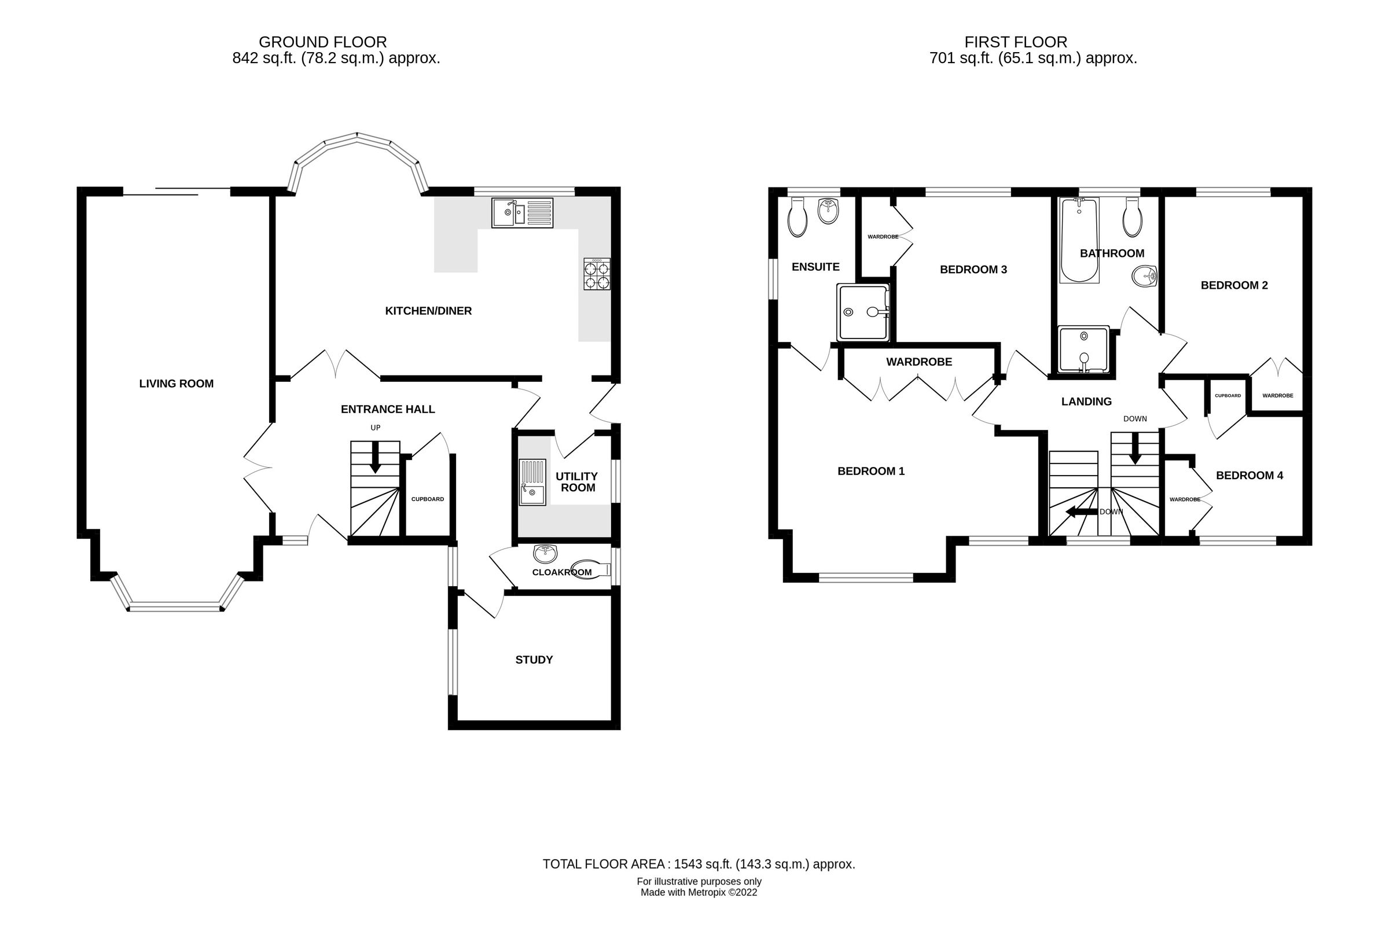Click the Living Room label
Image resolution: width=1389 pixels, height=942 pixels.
[177, 384]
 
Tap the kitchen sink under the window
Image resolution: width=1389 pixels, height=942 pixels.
[522, 213]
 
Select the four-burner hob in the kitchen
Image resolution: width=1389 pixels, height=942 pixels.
[597, 274]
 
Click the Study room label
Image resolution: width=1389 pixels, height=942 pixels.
[534, 660]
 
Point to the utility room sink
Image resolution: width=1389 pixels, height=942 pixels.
[532, 483]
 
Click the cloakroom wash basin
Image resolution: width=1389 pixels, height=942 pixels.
[545, 554]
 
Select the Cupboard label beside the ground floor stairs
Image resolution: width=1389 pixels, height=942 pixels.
[427, 499]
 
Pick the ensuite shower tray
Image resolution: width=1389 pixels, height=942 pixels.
[862, 312]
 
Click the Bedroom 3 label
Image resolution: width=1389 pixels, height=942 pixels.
[973, 270]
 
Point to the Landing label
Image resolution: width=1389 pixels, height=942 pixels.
[1086, 402]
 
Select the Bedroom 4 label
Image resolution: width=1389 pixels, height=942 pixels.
[1249, 475]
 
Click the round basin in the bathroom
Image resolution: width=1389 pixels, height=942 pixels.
[1144, 277]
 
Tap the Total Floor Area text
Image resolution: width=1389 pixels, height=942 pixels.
[698, 864]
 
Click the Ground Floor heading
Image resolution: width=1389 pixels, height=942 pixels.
[322, 42]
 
